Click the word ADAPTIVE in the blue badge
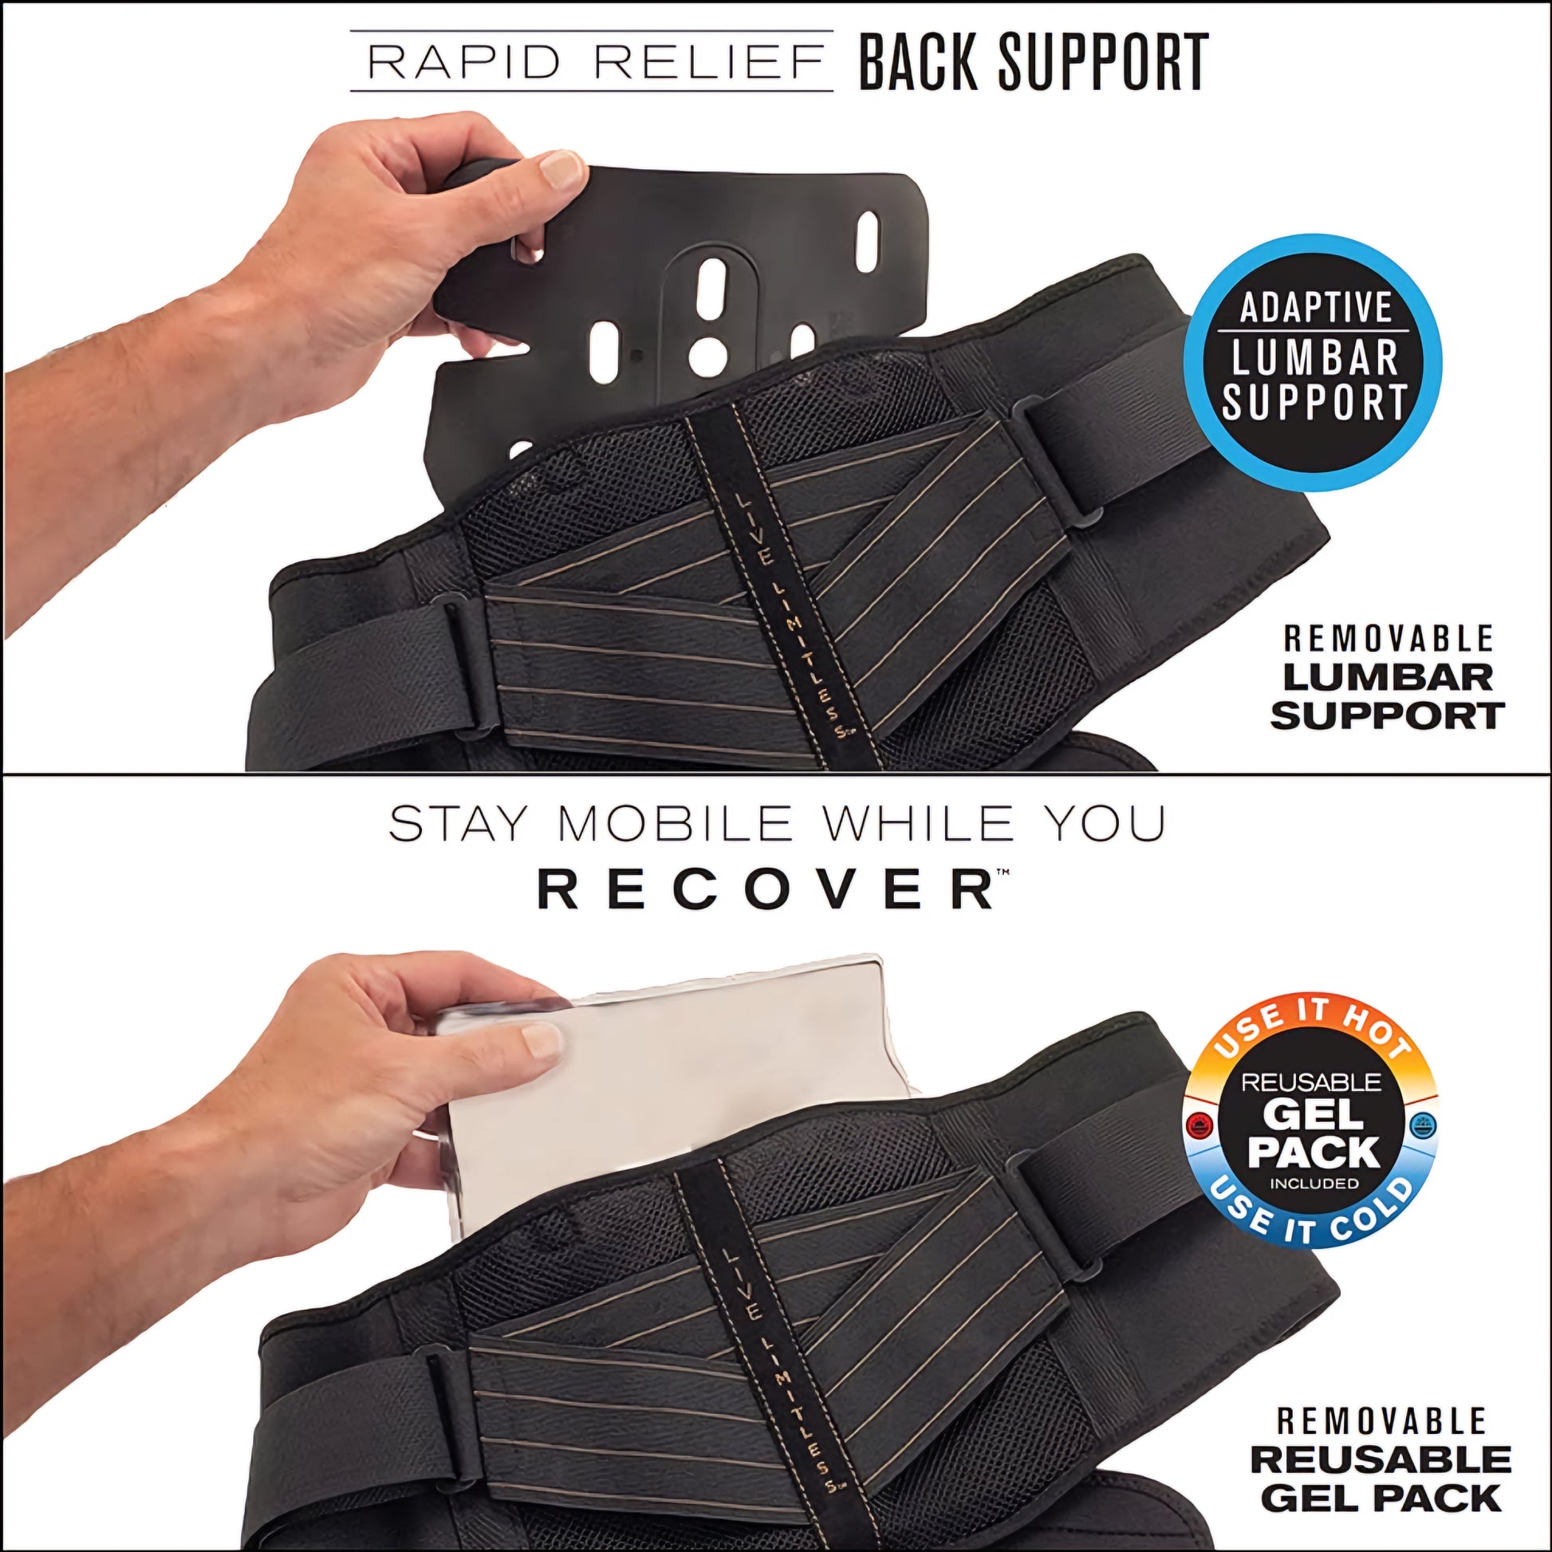(1316, 308)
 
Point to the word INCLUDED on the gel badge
(1314, 1184)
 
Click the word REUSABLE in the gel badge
(1312, 1082)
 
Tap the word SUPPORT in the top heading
(1102, 61)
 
